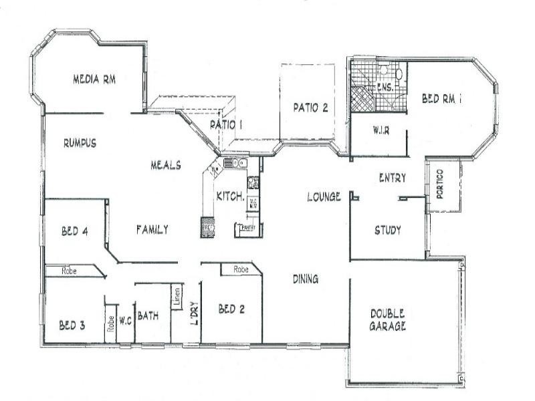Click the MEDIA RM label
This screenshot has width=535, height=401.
tap(94, 80)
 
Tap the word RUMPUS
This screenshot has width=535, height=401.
tap(80, 142)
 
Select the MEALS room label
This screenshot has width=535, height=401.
tap(165, 165)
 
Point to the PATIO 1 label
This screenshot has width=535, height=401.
tap(225, 124)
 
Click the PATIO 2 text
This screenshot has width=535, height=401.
tap(310, 109)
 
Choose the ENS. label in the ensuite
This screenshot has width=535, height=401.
tap(384, 88)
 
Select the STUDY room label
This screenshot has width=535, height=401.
tap(387, 231)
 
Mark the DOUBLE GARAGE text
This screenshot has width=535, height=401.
tap(389, 320)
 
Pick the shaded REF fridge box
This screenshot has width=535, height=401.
tap(208, 228)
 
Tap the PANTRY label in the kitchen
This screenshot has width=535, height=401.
tap(247, 229)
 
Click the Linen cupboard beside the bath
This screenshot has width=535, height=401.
tap(177, 297)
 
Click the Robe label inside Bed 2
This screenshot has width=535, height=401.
tap(241, 269)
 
